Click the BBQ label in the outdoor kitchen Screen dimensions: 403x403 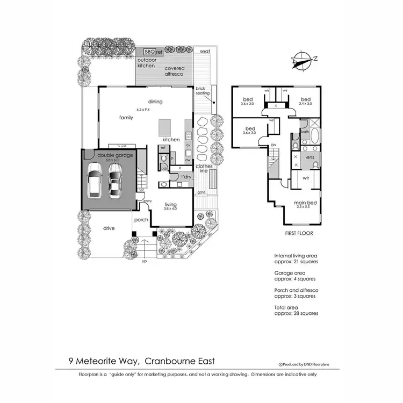pos(149,52)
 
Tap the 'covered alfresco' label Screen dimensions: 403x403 pos(174,71)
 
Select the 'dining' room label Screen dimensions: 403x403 pos(155,102)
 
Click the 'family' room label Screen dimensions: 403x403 pos(126,117)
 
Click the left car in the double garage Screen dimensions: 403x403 pos(95,180)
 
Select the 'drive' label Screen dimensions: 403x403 pos(109,228)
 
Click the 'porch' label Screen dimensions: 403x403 pos(141,219)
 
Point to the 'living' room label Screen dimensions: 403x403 pos(171,204)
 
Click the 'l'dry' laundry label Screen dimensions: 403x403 pos(186,177)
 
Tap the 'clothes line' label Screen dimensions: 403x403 pos(204,168)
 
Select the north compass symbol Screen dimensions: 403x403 pos(301,60)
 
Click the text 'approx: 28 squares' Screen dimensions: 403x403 pos(296,313)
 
